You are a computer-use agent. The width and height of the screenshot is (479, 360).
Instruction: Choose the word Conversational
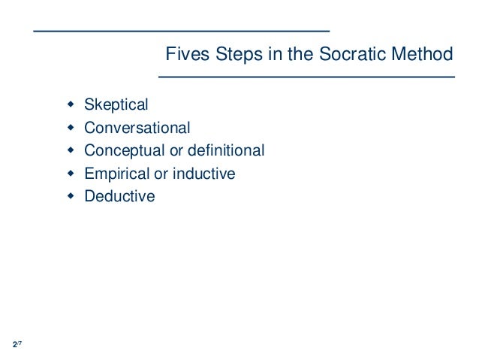coord(137,128)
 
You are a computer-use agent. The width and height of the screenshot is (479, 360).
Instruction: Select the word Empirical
coord(116,174)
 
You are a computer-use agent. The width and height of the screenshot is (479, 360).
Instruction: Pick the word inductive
coord(204,174)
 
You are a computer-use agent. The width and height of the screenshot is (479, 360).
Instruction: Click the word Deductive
coord(119,197)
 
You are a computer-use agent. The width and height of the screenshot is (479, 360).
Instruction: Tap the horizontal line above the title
coord(182,30)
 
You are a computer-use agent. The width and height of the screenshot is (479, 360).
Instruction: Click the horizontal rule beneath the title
coord(306,77)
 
